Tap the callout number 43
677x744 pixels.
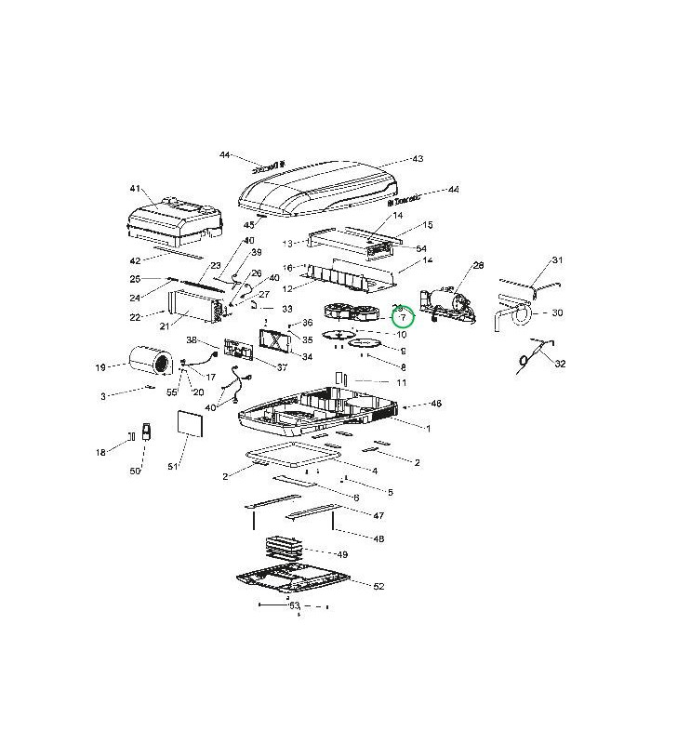(418, 159)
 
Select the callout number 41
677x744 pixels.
(136, 189)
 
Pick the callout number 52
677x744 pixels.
(378, 587)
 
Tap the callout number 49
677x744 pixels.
(342, 554)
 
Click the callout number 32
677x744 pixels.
(560, 364)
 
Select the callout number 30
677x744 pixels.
(558, 312)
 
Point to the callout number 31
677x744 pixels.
(558, 260)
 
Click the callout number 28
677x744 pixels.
(479, 266)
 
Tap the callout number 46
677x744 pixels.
(436, 404)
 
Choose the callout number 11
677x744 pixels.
(402, 383)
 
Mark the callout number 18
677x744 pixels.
(100, 452)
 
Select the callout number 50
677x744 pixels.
(135, 472)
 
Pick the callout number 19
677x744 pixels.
(100, 367)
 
